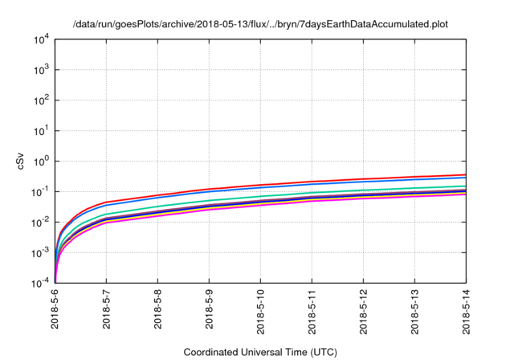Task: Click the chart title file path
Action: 260,24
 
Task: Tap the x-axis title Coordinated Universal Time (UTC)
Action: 260,352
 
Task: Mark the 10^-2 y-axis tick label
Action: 39,223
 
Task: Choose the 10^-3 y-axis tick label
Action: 39,253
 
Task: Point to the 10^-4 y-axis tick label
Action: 39,284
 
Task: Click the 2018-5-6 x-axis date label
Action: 55,313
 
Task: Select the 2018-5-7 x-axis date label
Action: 107,313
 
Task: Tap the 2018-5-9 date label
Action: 210,313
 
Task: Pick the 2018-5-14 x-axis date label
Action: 466,313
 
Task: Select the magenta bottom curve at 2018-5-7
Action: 106,223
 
